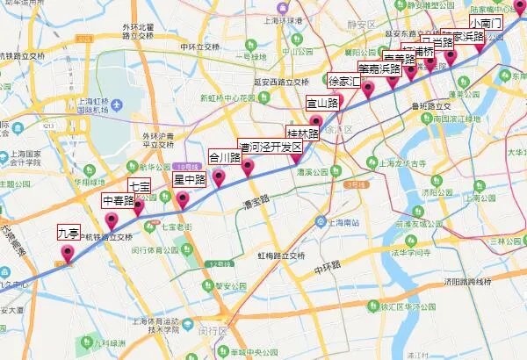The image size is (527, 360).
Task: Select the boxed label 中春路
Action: pyautogui.click(x=118, y=200)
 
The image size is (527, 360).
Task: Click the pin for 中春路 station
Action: pyautogui.click(x=112, y=220)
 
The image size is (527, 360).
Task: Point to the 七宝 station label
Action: pyautogui.click(x=140, y=186)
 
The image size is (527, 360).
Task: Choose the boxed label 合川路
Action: pyautogui.click(x=224, y=158)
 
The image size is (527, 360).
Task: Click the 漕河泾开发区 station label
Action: pyautogui.click(x=271, y=146)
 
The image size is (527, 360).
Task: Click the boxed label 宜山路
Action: pyautogui.click(x=321, y=103)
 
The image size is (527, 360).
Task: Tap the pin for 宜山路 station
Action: pyautogui.click(x=316, y=122)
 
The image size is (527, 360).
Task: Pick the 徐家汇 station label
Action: pyautogui.click(x=344, y=81)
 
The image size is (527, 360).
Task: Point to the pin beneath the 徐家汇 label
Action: pyautogui.click(x=369, y=88)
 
